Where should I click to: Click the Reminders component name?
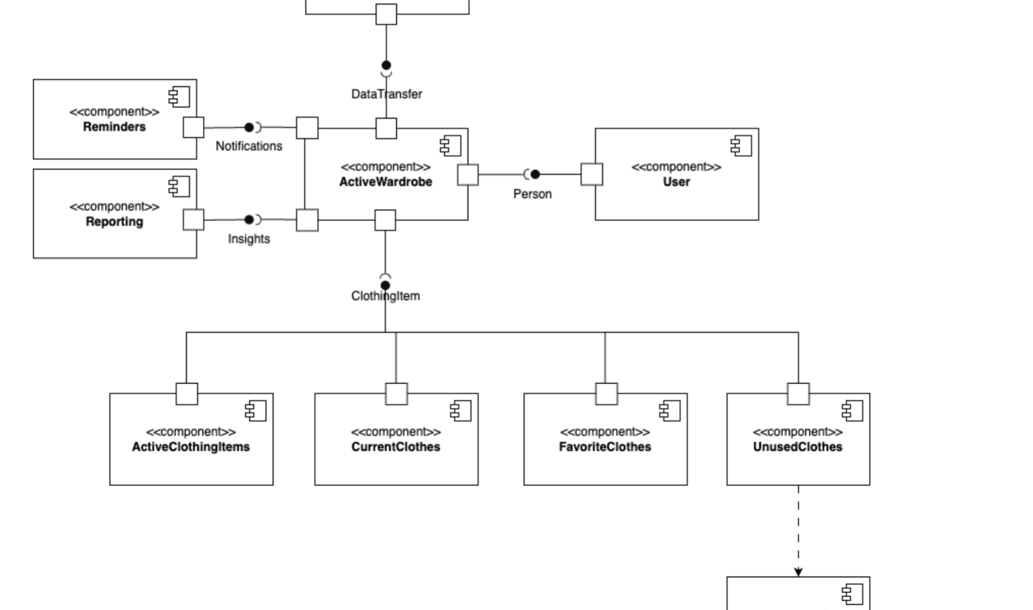pyautogui.click(x=114, y=127)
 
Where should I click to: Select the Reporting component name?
pyautogui.click(x=114, y=222)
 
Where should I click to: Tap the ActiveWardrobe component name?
pyautogui.click(x=385, y=182)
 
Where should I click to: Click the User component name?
pyautogui.click(x=676, y=182)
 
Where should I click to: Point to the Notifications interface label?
pyautogui.click(x=249, y=146)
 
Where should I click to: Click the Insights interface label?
pyautogui.click(x=249, y=239)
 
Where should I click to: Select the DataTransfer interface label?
pyautogui.click(x=386, y=94)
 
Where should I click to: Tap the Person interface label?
pyautogui.click(x=532, y=194)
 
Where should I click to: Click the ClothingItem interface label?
pyautogui.click(x=385, y=296)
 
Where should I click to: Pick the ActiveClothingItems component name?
pyautogui.click(x=191, y=447)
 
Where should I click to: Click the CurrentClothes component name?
pyautogui.click(x=395, y=447)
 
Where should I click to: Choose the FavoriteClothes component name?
pyautogui.click(x=605, y=447)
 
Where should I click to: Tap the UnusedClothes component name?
pyautogui.click(x=797, y=447)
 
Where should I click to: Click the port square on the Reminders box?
pyautogui.click(x=194, y=127)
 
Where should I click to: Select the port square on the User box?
pyautogui.click(x=591, y=174)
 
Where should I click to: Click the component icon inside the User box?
pyautogui.click(x=741, y=146)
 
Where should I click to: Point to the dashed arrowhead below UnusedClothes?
pyautogui.click(x=798, y=571)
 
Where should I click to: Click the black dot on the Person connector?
pyautogui.click(x=535, y=174)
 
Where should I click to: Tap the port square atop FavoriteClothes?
pyautogui.click(x=606, y=394)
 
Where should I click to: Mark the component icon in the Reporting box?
pyautogui.click(x=179, y=186)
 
